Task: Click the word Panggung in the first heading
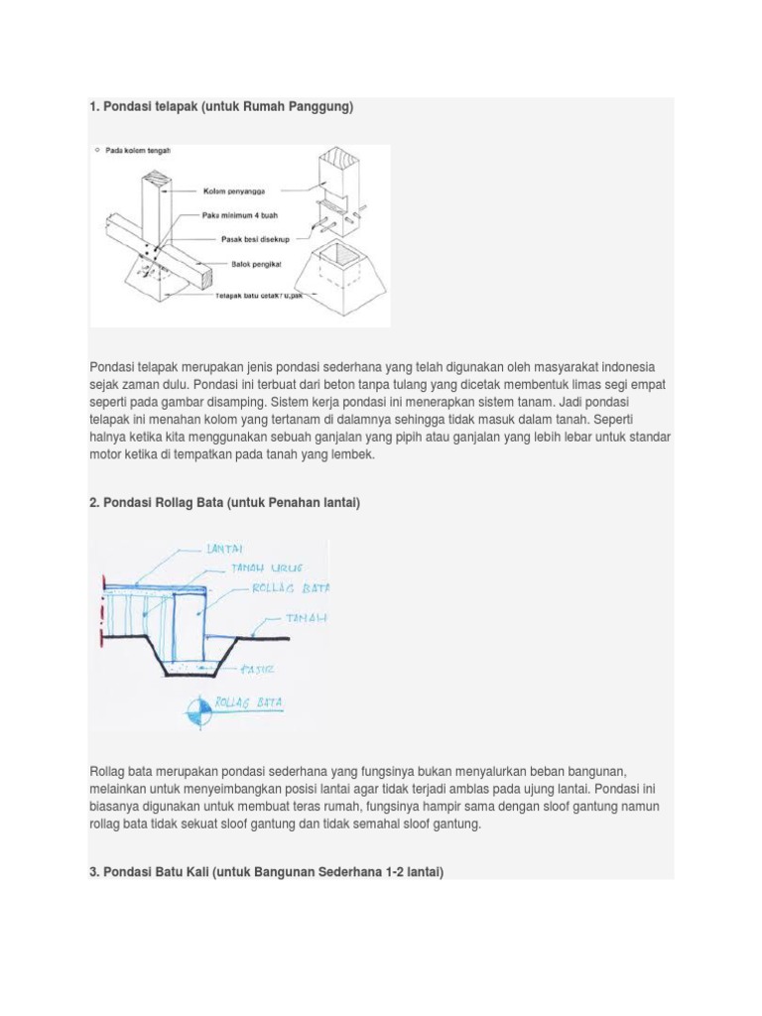[x=319, y=106]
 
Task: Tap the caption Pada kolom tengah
[x=138, y=151]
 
